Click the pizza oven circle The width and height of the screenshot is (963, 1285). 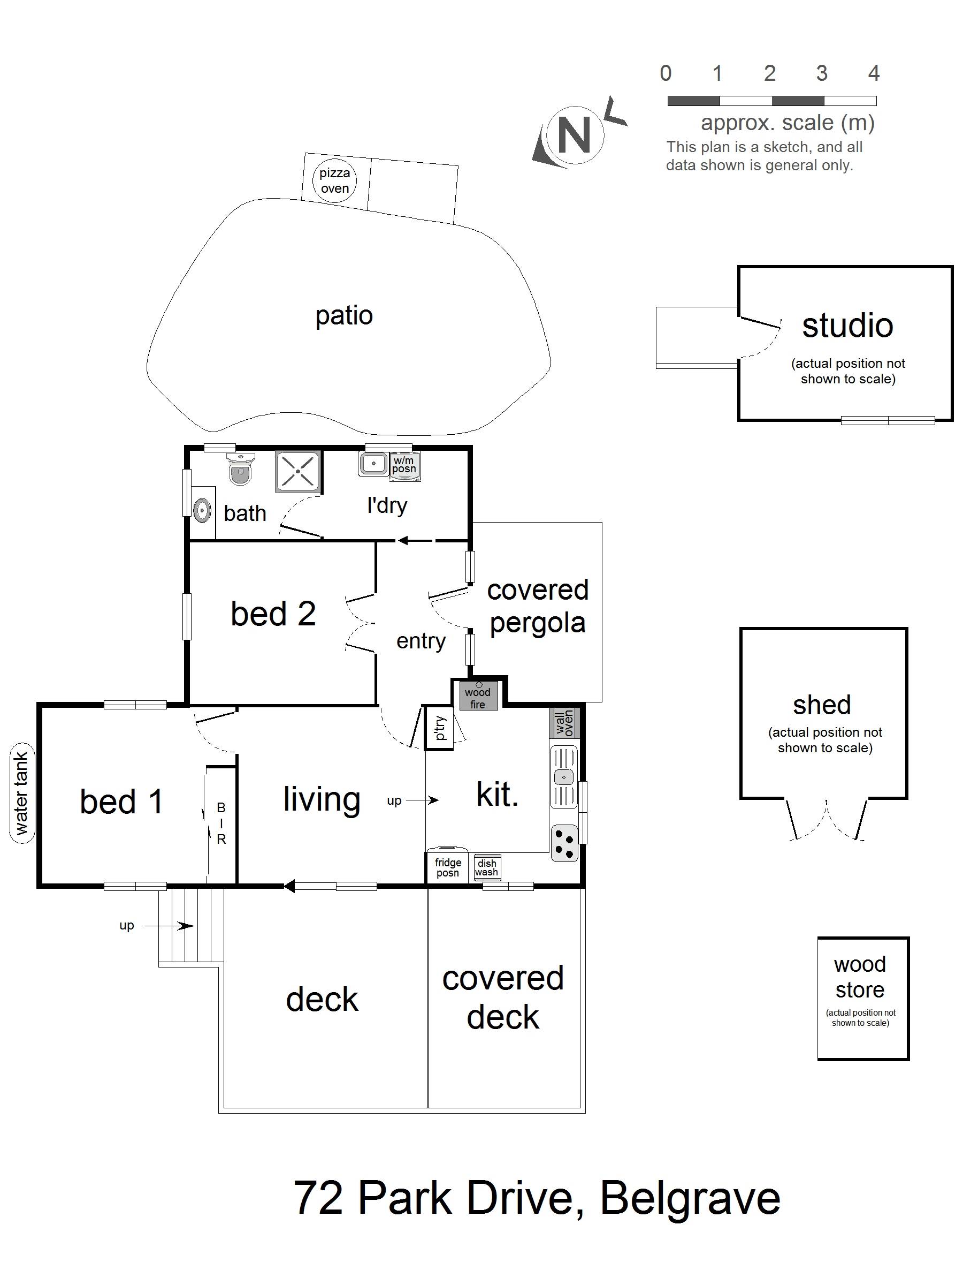click(334, 182)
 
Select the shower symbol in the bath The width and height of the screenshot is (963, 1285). click(297, 472)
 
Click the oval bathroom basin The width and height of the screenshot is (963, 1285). click(201, 511)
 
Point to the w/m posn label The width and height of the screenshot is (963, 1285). click(403, 465)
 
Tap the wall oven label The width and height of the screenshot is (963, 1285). click(564, 723)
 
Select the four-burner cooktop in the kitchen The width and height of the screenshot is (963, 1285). click(564, 843)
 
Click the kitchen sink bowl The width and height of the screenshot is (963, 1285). click(564, 777)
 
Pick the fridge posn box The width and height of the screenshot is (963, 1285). click(448, 867)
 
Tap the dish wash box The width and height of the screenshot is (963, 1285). click(486, 867)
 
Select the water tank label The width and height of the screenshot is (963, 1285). click(22, 793)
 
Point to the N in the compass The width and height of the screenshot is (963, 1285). click(574, 135)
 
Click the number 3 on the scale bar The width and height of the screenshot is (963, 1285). click(821, 73)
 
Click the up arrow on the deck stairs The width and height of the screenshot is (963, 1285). click(169, 926)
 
